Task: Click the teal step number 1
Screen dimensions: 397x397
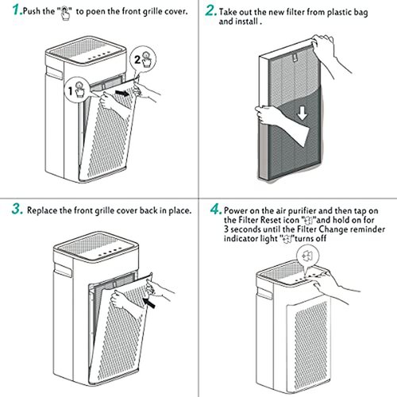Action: point(17,10)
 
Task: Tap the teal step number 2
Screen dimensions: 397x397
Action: point(211,10)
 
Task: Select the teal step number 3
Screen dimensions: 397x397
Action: point(17,209)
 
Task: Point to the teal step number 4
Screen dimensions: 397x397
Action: point(216,209)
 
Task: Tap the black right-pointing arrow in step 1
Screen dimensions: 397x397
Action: point(122,93)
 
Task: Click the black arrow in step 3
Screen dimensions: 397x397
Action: point(148,303)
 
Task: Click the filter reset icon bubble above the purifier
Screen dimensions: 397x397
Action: point(308,256)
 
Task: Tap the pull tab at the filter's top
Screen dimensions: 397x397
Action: point(294,56)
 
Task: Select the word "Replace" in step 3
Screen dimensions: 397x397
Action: point(42,210)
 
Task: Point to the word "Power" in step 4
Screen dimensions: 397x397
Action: point(236,210)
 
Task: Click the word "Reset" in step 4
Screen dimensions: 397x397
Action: point(271,220)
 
